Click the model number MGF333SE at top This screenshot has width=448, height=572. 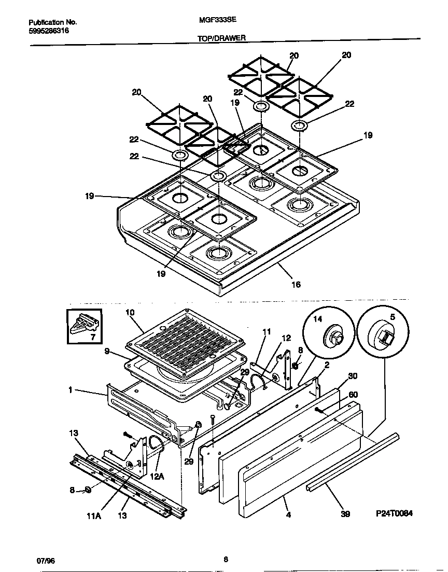tap(215, 23)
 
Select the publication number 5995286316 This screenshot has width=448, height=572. tap(48, 31)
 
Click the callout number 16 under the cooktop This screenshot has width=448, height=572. tap(296, 284)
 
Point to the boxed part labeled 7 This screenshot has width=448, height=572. tap(85, 326)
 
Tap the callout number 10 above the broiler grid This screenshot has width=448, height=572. tap(130, 312)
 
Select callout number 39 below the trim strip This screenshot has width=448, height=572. tap(345, 514)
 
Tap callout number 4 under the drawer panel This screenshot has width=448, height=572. tap(289, 515)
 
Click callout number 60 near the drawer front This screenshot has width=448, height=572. tap(353, 394)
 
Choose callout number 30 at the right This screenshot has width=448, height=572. tap(353, 376)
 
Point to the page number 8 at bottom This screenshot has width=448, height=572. tap(226, 559)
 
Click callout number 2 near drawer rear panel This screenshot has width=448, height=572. tap(327, 365)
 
